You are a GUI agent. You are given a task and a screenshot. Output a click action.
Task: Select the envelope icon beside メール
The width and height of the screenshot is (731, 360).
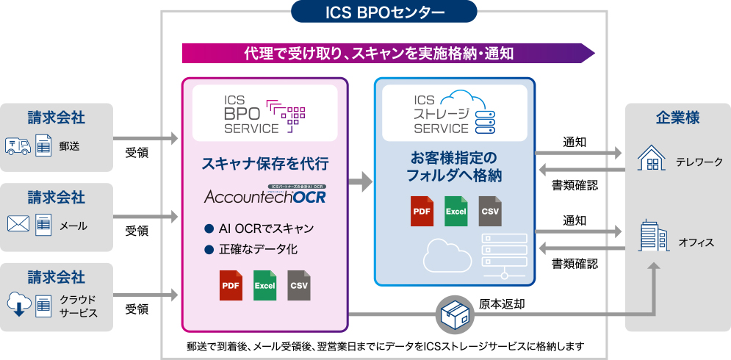point(19,224)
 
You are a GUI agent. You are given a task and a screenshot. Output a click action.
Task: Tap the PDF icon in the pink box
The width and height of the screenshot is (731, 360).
point(230,286)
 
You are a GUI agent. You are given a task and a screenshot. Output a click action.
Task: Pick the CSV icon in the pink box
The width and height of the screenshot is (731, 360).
point(299,286)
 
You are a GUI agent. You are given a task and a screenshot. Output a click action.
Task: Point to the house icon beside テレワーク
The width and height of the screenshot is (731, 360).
point(651,157)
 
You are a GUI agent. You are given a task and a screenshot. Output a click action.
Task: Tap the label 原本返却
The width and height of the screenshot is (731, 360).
point(502,303)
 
